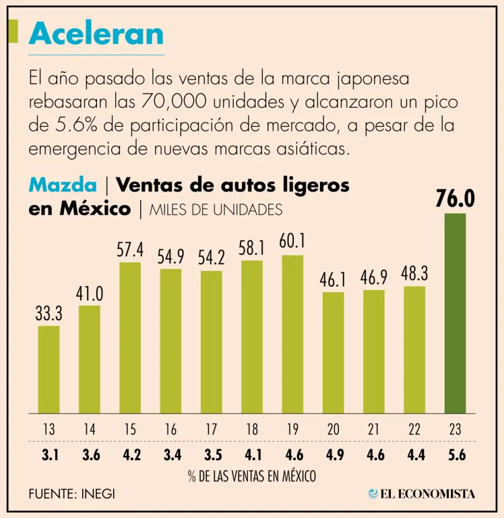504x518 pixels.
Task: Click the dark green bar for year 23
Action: [x=455, y=313]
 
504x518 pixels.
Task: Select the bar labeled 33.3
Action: [x=49, y=369]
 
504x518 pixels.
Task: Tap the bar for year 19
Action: [x=292, y=334]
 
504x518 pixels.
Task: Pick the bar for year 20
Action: [x=333, y=352]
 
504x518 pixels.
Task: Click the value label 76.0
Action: [x=455, y=199]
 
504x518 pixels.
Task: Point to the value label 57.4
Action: [x=130, y=250]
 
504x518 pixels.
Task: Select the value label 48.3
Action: [x=414, y=274]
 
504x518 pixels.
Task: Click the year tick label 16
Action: [x=170, y=430]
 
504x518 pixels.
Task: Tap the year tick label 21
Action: [x=373, y=430]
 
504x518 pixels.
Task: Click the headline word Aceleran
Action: [x=96, y=34]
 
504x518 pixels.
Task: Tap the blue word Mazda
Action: [x=62, y=185]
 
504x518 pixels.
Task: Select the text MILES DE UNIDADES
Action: [x=216, y=210]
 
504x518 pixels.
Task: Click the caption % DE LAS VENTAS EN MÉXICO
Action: [x=251, y=476]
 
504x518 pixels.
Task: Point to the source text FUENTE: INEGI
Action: [x=71, y=494]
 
